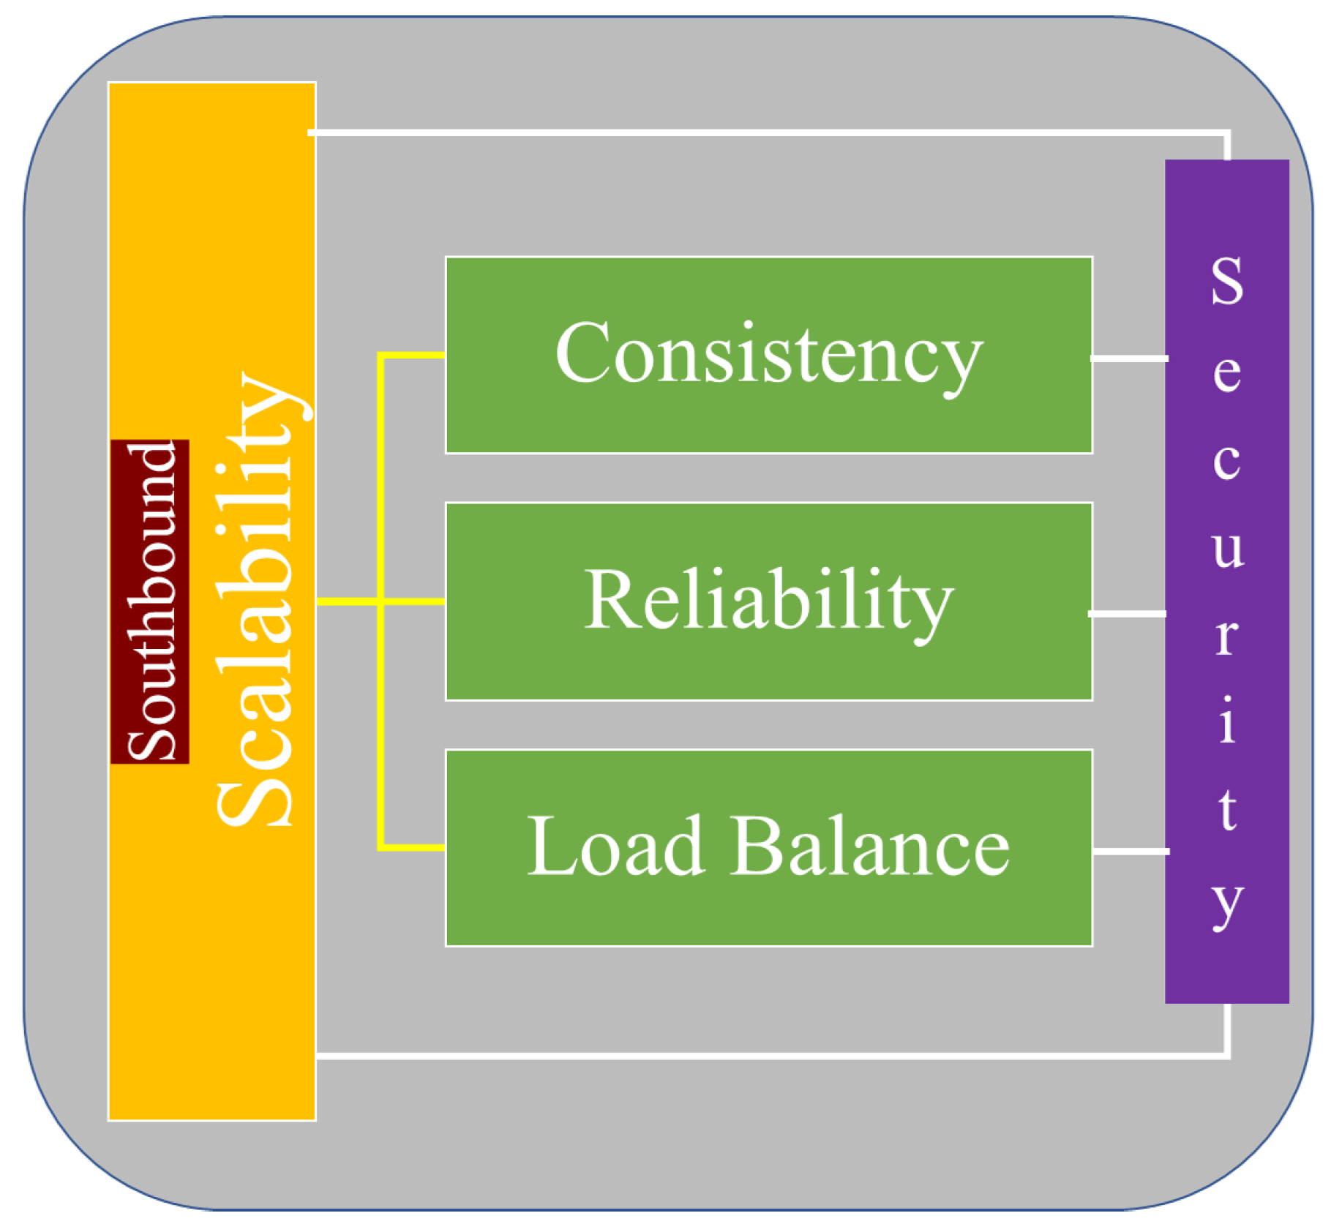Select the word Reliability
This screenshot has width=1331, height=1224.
coord(768,601)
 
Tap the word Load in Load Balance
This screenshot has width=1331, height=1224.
coord(615,846)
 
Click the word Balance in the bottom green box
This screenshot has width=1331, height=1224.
coord(870,846)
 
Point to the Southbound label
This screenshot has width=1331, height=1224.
coord(151,601)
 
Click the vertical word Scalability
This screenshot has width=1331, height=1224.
coord(256,600)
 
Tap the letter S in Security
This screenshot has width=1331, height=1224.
coord(1226,281)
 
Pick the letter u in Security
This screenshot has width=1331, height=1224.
coord(1227,548)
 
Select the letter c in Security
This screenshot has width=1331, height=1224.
coord(1226,461)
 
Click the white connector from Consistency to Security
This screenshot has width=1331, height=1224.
coord(1129,358)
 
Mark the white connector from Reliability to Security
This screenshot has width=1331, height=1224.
coord(1128,613)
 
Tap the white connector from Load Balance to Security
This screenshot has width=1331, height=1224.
coord(1131,851)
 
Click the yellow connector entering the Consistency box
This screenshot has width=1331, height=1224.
coord(412,355)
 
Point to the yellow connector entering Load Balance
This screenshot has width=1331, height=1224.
coord(412,847)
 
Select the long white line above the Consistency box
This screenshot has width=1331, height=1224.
coord(768,132)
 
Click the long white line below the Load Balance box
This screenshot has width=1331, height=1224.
coord(768,1056)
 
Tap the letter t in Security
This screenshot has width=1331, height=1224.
coord(1227,810)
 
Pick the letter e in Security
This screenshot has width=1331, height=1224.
coord(1226,373)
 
